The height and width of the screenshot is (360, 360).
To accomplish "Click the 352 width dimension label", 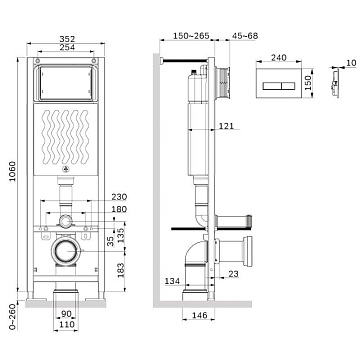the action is (67, 39).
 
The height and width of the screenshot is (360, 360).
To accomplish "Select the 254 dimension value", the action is (67, 47).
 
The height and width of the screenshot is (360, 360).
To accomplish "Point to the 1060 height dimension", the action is (12, 171).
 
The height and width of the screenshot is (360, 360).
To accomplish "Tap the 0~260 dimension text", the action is (12, 317).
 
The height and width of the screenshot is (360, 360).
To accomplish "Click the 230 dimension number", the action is (119, 197).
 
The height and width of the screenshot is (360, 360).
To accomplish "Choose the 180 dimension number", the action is (119, 209).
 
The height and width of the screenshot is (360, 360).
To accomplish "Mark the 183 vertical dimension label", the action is (121, 270).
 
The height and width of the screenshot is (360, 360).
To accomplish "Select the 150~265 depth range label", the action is (191, 36).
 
